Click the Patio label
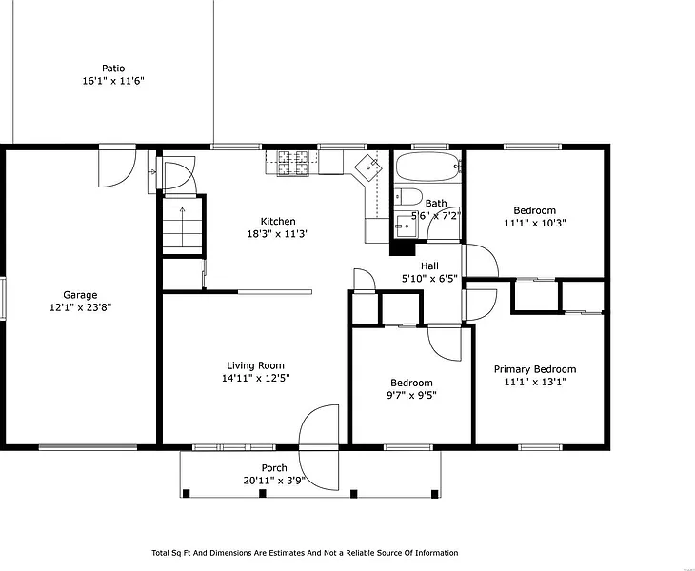[113, 69]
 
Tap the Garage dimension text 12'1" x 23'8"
[80, 307]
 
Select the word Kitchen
[278, 221]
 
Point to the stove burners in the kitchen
[292, 163]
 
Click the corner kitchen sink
[368, 167]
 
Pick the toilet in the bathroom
[408, 197]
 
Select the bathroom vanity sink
[407, 226]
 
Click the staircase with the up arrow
[183, 225]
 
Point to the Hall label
[429, 266]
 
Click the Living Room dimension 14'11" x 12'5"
[256, 379]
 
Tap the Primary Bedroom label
[535, 369]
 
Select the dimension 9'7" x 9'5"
[411, 395]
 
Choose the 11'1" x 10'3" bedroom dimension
[534, 223]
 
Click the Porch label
[274, 468]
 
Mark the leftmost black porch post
[187, 494]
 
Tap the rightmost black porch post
[435, 494]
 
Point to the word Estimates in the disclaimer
[288, 553]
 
